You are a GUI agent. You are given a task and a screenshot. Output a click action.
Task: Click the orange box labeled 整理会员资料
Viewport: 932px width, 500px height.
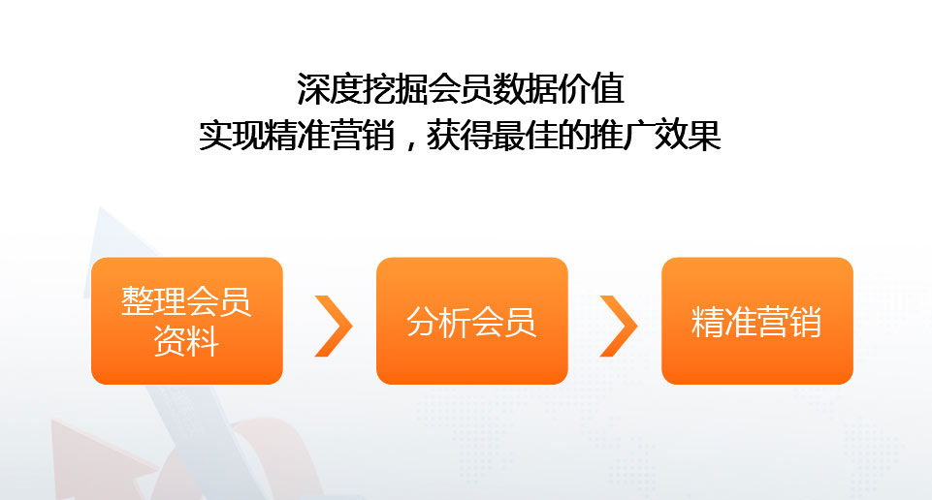pos(186,321)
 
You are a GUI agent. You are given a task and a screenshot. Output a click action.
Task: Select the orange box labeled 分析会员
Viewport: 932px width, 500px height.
pos(472,321)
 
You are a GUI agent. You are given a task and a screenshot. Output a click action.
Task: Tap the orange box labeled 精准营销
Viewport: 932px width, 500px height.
pos(757,321)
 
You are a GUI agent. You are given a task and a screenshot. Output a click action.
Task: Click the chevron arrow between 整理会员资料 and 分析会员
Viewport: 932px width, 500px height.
pos(334,326)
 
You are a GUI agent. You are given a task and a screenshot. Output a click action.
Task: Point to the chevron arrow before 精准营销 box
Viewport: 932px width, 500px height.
pos(619,326)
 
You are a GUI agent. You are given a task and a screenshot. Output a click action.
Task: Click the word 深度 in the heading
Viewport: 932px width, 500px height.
pos(330,89)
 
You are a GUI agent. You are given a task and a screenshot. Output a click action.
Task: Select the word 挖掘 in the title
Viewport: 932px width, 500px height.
pos(396,89)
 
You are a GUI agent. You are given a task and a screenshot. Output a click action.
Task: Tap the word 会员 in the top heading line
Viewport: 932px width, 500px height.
pos(461,89)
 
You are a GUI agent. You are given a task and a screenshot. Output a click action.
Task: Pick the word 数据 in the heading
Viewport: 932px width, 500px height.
pos(526,89)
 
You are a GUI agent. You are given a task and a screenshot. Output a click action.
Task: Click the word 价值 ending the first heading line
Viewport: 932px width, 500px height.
pos(592,89)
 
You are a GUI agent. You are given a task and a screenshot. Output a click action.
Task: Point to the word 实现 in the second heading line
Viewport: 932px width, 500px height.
pos(231,135)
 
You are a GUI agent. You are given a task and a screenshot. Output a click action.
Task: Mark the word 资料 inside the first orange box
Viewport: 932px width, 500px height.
pos(186,341)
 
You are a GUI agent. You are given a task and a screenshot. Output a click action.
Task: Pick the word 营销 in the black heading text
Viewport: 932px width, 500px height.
pos(362,135)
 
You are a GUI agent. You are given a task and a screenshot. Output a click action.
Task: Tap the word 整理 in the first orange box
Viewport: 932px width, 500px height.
pos(153,301)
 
